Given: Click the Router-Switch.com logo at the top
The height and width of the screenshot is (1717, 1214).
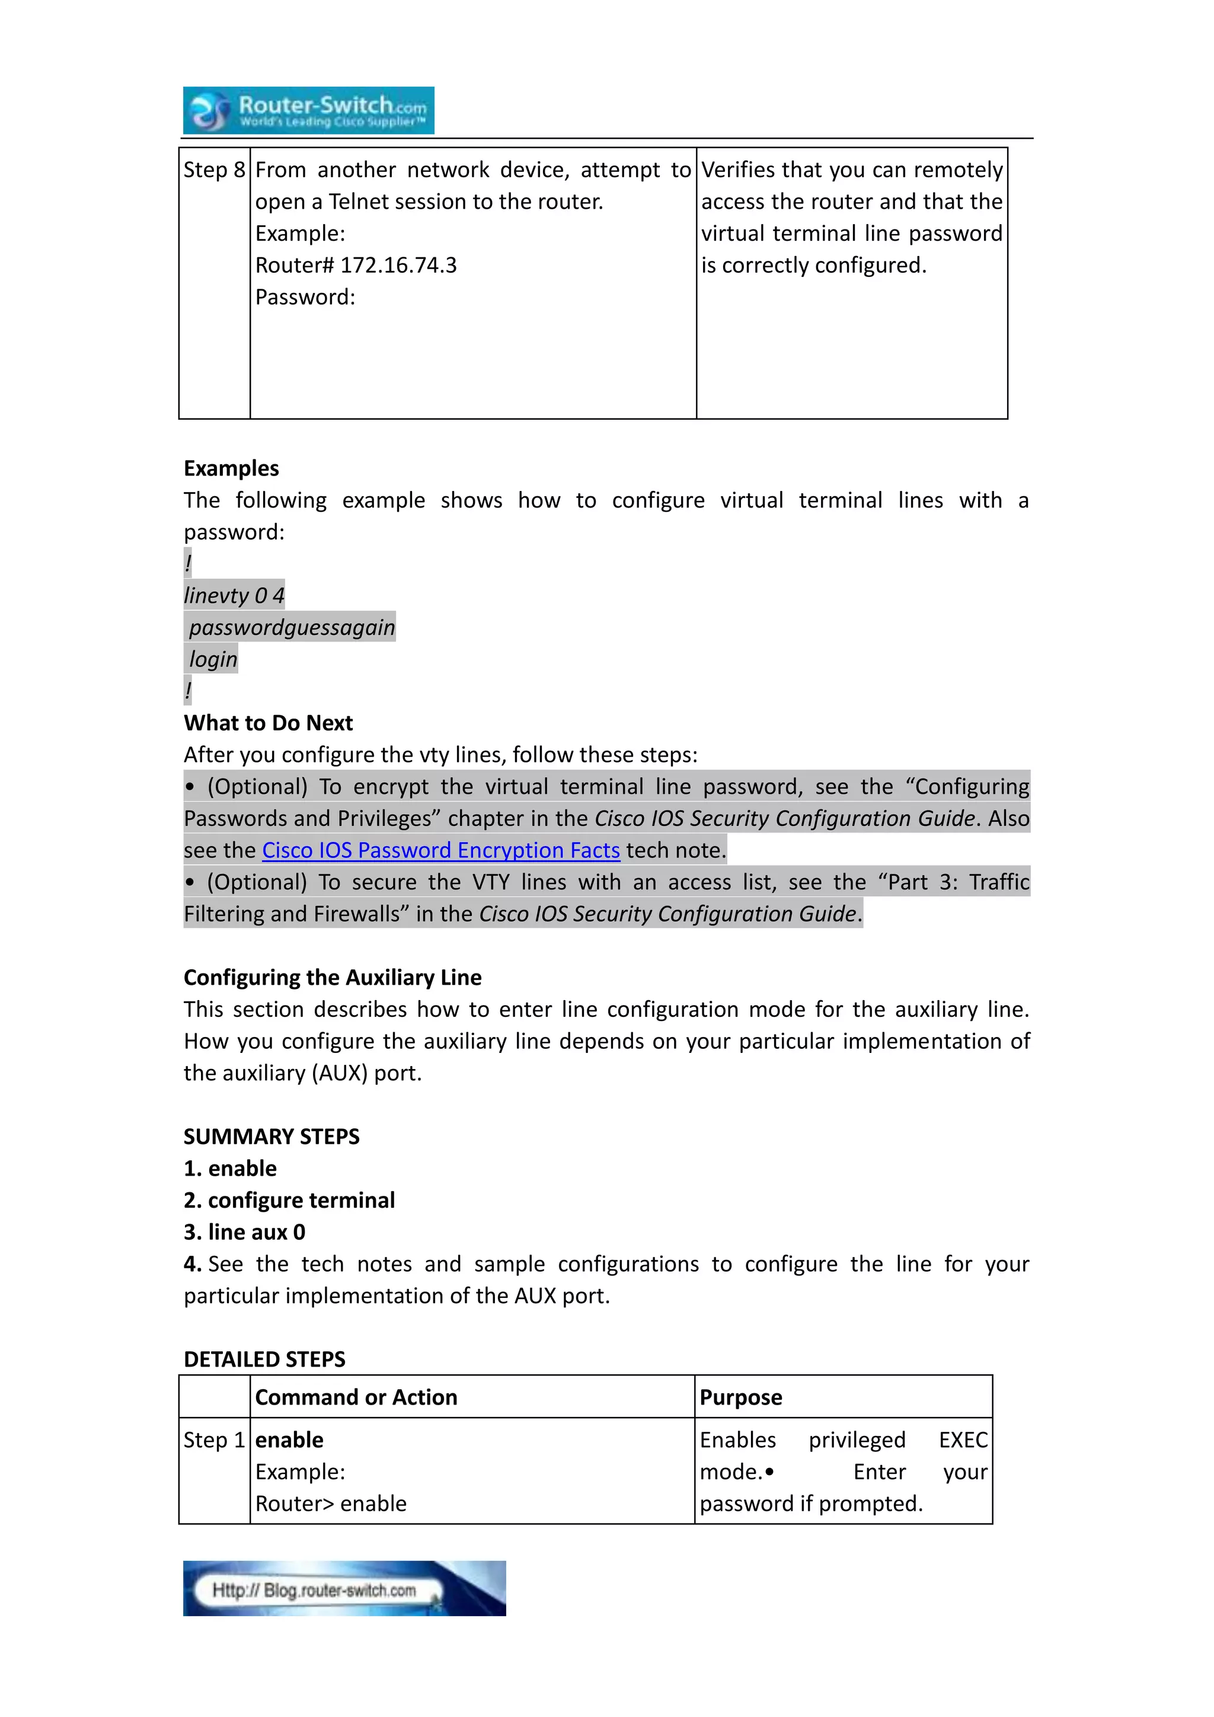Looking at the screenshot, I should point(308,111).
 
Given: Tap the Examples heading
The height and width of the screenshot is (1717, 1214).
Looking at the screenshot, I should point(231,468).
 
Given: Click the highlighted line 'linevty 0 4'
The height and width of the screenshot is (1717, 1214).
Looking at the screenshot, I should point(234,595).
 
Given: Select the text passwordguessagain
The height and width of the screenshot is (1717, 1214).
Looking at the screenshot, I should point(292,627).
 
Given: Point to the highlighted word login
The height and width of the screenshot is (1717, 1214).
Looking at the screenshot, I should point(213,659).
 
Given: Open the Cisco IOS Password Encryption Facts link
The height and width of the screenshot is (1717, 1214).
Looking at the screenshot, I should point(440,850).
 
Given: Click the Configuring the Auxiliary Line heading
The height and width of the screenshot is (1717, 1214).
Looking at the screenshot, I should point(333,978).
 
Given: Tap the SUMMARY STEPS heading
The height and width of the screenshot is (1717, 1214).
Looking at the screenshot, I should point(271,1137).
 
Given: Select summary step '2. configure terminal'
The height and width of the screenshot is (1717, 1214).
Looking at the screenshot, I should point(289,1200).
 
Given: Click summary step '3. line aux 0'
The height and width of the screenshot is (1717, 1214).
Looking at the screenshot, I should point(244,1231).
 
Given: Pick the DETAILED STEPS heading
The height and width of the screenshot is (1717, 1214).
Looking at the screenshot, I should point(264,1359).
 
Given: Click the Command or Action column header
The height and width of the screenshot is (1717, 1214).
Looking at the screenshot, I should point(356,1397).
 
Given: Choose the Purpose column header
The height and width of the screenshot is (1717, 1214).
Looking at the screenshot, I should point(741,1397).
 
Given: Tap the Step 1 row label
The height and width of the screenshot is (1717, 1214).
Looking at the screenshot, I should point(214,1440).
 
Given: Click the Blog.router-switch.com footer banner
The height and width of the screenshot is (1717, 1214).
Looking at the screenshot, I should point(344,1588).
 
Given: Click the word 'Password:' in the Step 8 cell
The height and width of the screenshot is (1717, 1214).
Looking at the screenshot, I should point(305,298).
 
